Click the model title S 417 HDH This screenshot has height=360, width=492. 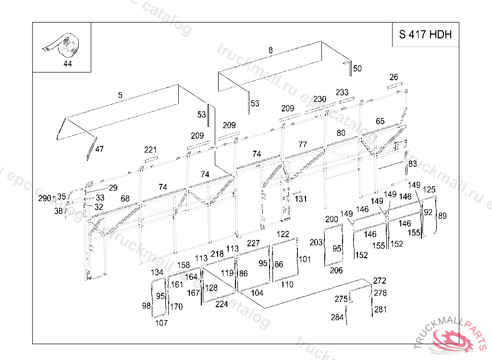point(425,34)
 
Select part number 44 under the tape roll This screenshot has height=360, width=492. point(67,64)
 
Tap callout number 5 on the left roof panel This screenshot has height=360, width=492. point(120,95)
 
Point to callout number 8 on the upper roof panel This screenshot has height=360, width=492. point(271,50)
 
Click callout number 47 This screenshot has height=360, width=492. point(99,149)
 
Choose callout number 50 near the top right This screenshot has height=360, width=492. point(357,68)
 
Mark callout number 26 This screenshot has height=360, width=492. point(394,77)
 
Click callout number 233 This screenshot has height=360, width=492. point(342,92)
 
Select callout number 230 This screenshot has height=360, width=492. point(320,99)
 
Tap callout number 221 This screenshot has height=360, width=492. point(150,150)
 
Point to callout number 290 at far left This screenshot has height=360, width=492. point(45,198)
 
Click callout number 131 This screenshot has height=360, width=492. point(301,199)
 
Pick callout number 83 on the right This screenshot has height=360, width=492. point(413,164)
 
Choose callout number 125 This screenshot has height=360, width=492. point(429,190)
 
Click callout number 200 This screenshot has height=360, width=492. point(332,219)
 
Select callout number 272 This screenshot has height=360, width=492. point(380,281)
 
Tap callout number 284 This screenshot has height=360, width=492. point(337,317)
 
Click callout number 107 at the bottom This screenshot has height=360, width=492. point(161,323)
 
